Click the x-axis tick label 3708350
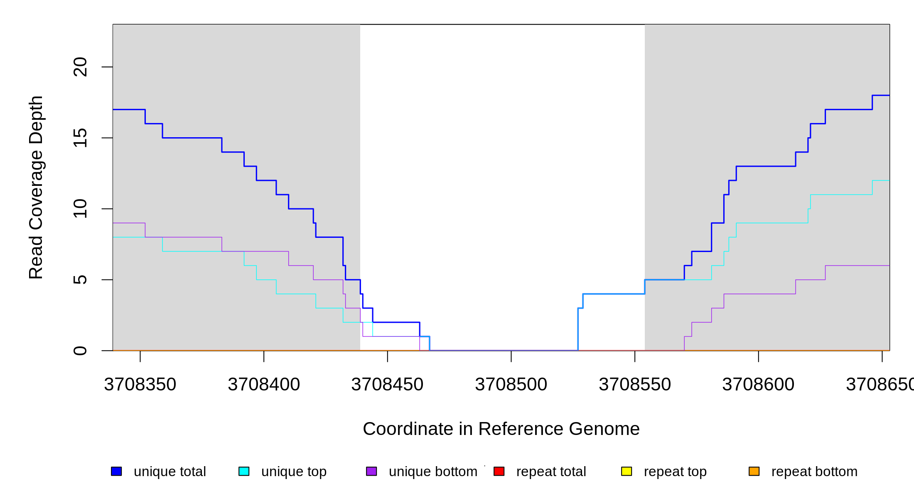[140, 385]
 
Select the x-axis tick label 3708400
[264, 385]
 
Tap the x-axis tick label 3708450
[387, 385]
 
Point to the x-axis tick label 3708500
[511, 385]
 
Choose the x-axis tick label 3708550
[635, 385]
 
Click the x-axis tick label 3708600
[758, 385]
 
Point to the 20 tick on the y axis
[80, 67]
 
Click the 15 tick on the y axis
[80, 138]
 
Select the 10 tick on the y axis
[80, 209]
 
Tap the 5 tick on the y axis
[80, 280]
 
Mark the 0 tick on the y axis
[80, 351]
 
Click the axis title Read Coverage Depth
[36, 187]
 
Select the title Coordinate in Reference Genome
[501, 429]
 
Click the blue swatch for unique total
[116, 471]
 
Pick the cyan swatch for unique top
[244, 471]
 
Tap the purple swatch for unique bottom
[371, 471]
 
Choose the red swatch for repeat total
[499, 471]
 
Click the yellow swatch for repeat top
[627, 471]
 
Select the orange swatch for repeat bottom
[754, 471]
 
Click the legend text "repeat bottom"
[814, 472]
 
